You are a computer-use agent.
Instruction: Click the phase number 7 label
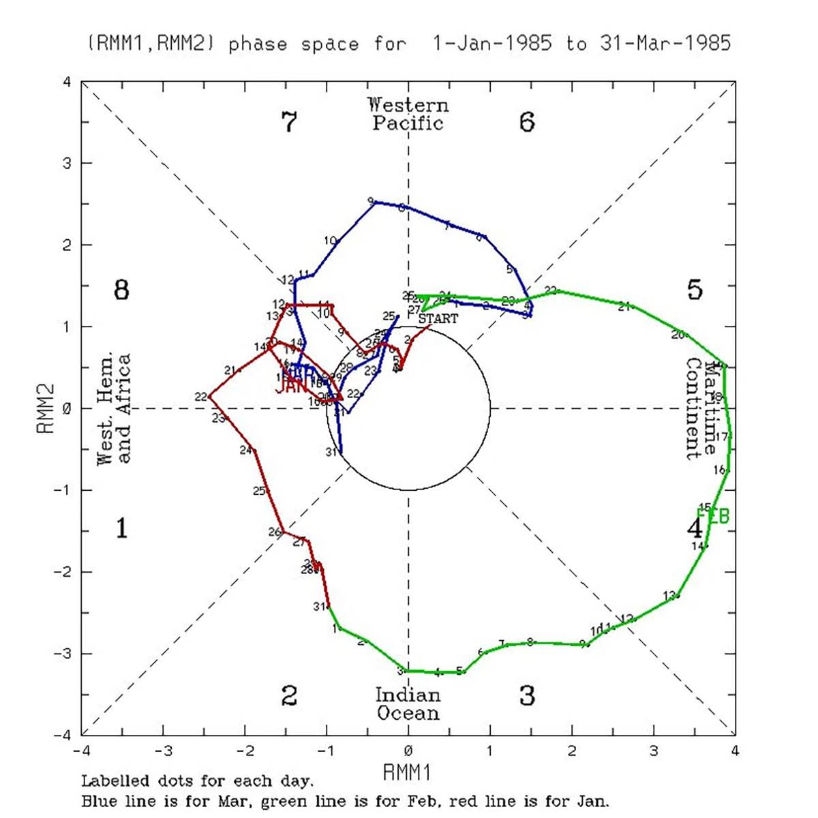click(x=289, y=123)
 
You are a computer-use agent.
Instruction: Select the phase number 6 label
click(x=527, y=122)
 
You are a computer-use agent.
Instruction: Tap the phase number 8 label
click(x=121, y=290)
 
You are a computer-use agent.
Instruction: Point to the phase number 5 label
click(x=694, y=290)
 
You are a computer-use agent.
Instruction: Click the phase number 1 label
click(x=121, y=528)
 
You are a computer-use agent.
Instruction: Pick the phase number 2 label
click(x=289, y=696)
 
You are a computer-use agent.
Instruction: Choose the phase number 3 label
click(x=527, y=696)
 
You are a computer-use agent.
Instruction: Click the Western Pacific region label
click(x=408, y=114)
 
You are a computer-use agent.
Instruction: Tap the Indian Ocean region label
click(x=408, y=704)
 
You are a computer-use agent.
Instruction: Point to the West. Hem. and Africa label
click(x=114, y=409)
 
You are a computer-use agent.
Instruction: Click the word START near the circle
click(x=438, y=318)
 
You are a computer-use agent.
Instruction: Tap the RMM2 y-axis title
click(x=46, y=408)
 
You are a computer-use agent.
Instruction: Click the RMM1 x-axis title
click(x=408, y=772)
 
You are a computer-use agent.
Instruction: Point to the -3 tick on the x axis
click(x=162, y=751)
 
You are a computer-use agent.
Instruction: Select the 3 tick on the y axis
click(x=67, y=164)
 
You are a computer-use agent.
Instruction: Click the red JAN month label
click(x=290, y=386)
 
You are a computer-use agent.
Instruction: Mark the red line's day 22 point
click(x=209, y=395)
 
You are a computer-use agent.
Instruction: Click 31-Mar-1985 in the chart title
click(x=665, y=44)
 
